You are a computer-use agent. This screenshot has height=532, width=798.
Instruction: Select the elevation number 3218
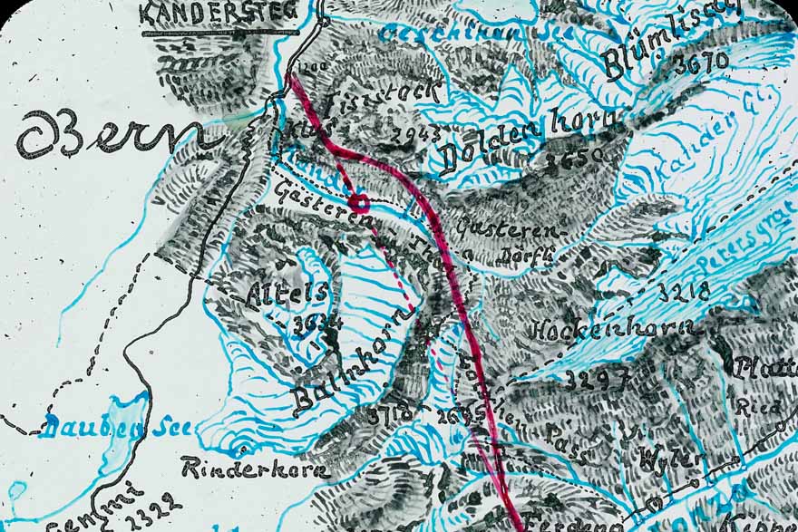(685, 293)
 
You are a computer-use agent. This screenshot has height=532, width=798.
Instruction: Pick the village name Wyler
(671, 459)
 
